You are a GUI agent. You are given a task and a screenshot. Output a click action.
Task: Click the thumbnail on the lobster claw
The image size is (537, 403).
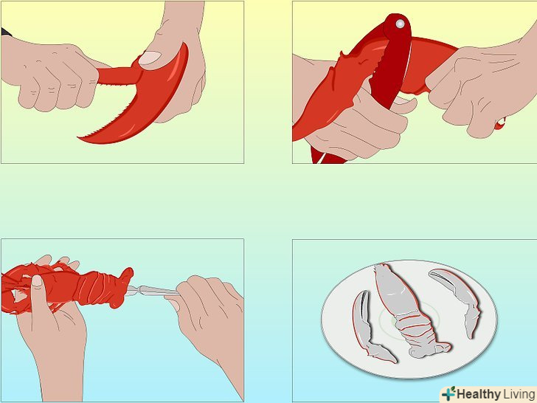tap(150, 58)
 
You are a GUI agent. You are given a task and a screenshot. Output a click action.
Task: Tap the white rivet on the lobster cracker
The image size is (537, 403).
tap(400, 24)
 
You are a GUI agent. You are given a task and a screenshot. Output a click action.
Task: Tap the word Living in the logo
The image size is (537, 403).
tap(519, 394)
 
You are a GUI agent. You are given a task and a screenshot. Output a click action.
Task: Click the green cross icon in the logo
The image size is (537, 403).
tap(448, 393)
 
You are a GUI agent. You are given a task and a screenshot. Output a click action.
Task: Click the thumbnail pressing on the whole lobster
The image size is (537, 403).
tap(37, 281)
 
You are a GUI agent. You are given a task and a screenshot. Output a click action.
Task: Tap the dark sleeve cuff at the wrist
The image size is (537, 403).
tap(6, 32)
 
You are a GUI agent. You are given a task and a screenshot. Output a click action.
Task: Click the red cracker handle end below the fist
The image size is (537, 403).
tap(500, 123)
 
